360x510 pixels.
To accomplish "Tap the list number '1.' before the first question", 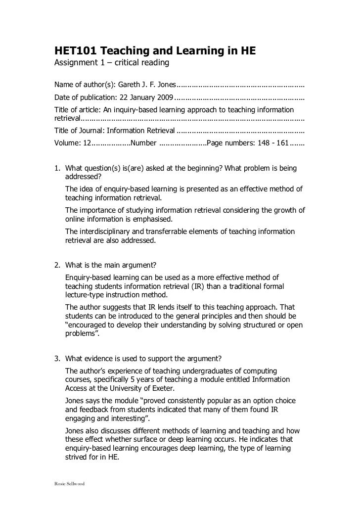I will coord(57,169).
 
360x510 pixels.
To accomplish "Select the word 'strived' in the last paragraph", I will coord(76,458).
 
